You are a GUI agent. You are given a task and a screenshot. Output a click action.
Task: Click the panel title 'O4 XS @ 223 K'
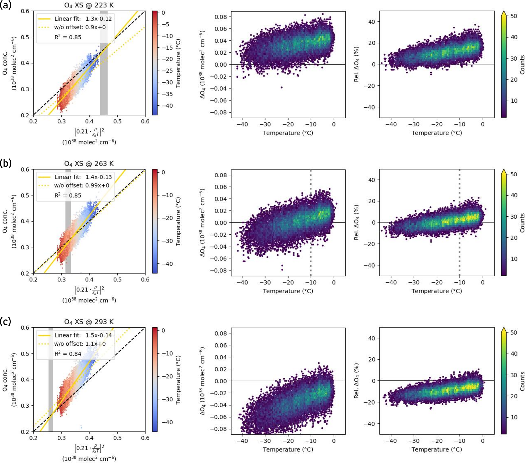[x=89, y=5]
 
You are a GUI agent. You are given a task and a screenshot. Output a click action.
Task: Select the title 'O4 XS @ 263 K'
[x=89, y=164]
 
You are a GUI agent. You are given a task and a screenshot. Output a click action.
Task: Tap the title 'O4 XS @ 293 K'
[x=89, y=322]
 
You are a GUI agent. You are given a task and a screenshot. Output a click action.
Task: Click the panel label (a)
[x=6, y=5]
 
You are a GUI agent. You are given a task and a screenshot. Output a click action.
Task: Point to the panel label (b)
[x=6, y=163]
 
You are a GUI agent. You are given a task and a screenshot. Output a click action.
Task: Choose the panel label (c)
[x=6, y=322]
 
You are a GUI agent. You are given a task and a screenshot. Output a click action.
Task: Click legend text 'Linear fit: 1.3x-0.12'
[x=83, y=19]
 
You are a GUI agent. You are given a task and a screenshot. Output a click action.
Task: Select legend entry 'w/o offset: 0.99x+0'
[x=82, y=185]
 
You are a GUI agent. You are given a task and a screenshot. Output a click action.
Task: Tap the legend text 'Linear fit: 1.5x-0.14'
[x=83, y=335]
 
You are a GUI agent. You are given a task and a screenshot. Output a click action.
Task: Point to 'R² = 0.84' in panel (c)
[x=68, y=354]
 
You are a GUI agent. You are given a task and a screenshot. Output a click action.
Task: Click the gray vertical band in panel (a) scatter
[x=104, y=77]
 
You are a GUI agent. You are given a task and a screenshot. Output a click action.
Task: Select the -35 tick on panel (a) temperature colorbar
[x=167, y=94]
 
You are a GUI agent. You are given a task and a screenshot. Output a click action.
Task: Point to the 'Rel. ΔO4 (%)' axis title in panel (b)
[x=357, y=223]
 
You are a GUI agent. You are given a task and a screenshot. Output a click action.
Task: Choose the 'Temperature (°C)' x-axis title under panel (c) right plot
[x=437, y=449]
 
